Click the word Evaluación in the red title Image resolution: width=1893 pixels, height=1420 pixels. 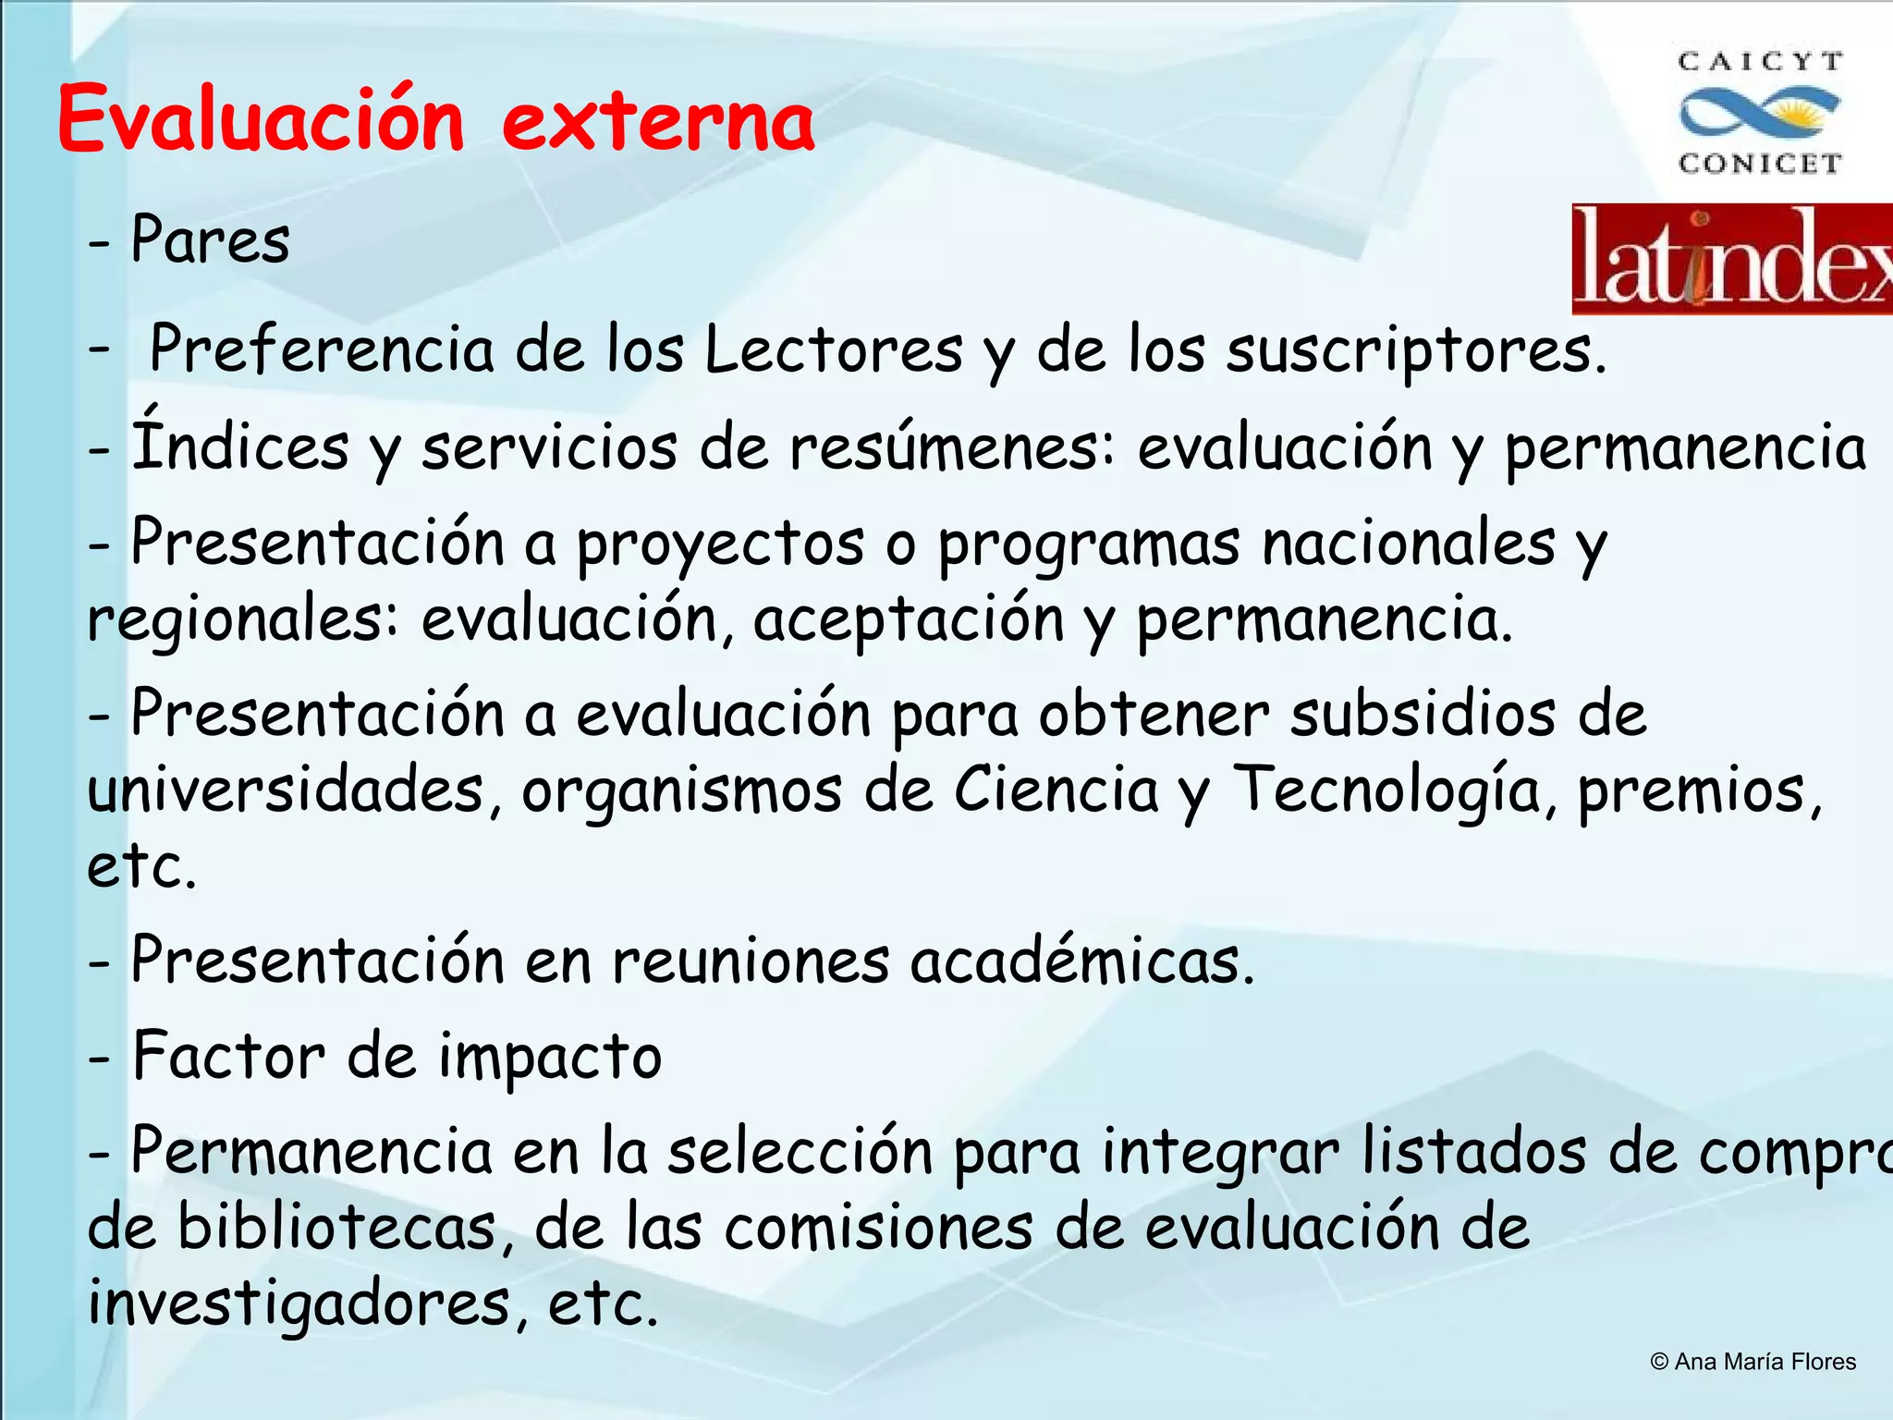tap(261, 120)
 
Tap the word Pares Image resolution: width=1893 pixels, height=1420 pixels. tap(211, 240)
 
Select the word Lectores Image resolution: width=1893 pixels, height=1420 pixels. tap(833, 350)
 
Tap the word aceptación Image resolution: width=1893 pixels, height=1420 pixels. tap(909, 619)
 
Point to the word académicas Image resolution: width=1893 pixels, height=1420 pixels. tap(1081, 961)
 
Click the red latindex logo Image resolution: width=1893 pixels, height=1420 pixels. tap(1731, 259)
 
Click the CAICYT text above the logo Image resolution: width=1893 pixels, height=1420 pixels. tap(1761, 62)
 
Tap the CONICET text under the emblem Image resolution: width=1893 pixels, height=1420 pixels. tap(1761, 164)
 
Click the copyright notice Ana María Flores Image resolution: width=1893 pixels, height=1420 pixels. tap(1753, 1362)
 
